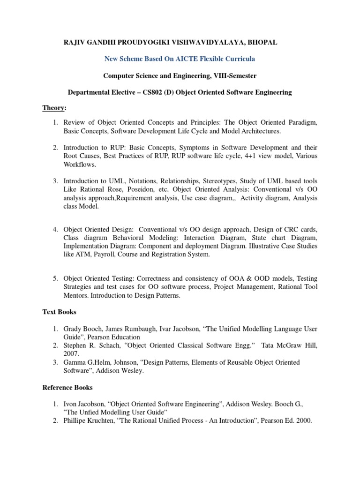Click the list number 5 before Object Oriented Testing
click(x=55, y=278)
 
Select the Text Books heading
click(x=60, y=312)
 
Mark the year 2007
click(x=71, y=354)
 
